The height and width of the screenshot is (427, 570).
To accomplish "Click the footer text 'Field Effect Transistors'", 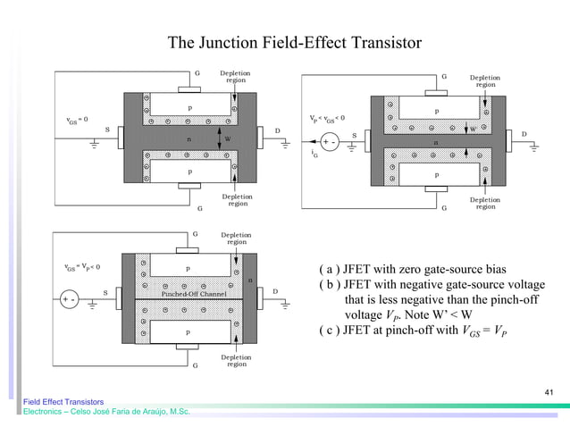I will [63, 402].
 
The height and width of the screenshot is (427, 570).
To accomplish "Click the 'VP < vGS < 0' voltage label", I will [327, 118].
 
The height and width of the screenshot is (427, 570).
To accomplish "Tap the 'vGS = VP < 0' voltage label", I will [80, 265].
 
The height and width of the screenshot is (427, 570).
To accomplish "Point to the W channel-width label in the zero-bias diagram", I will [227, 139].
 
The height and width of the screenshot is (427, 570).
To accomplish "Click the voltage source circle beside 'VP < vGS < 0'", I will [330, 142].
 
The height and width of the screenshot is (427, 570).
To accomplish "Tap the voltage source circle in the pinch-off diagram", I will [70, 300].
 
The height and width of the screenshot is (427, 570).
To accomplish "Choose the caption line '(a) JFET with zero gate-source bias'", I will [412, 270].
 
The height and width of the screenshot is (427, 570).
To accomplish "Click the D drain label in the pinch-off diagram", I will [275, 291].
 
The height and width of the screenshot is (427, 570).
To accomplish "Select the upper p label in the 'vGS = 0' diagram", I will [189, 107].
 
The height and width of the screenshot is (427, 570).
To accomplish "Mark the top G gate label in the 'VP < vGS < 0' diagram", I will [444, 77].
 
